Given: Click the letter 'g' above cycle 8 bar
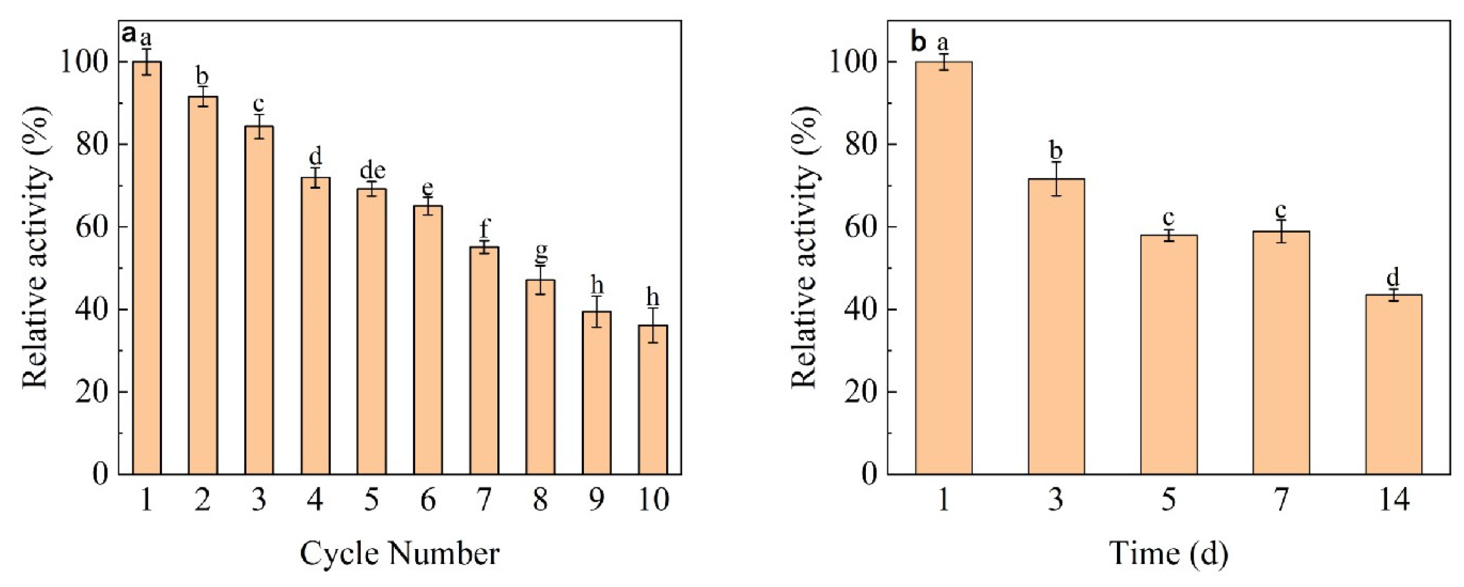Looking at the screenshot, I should tap(541, 251).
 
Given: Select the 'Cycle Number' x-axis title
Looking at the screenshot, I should tap(400, 553).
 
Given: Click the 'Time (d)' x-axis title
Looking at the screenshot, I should tap(1168, 553).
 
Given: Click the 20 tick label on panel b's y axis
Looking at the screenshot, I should tap(862, 392).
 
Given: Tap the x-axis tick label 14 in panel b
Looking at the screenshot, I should tap(1393, 500).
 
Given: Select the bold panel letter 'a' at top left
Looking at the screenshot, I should tap(129, 35).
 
